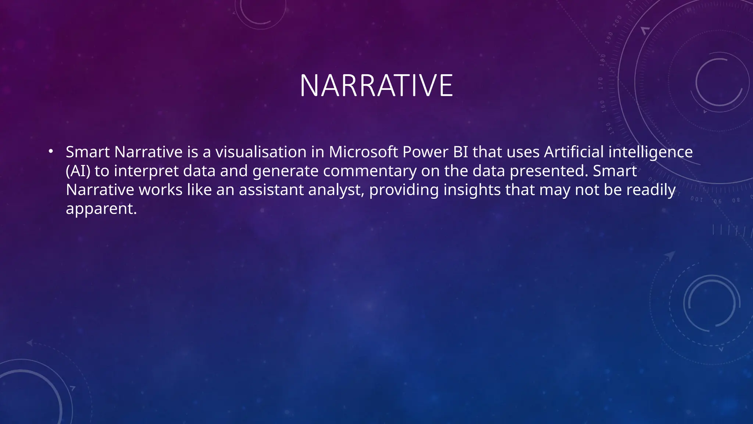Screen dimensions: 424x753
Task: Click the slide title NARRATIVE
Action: [376, 86]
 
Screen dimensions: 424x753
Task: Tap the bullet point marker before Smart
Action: [51, 151]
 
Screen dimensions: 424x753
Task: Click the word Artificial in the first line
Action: [574, 152]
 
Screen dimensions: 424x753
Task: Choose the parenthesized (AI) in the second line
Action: [78, 171]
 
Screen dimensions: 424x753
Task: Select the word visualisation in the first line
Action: [261, 152]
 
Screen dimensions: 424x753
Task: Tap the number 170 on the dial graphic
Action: [601, 84]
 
